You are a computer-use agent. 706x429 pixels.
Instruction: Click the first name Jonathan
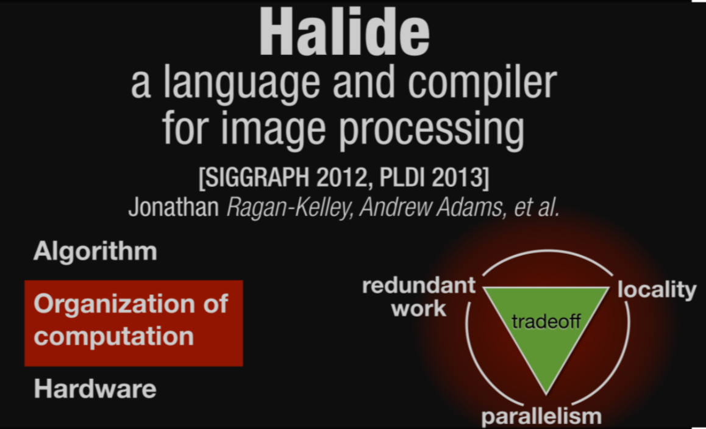point(174,207)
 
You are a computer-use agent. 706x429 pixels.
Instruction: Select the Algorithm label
point(95,251)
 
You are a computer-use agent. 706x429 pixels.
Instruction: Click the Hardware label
point(95,389)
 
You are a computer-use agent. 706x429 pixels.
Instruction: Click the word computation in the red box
point(114,336)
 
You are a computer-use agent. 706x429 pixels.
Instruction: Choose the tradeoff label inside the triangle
point(546,322)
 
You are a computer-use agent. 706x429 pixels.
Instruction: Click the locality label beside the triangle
point(657,290)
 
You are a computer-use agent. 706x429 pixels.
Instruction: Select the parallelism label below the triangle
point(541,417)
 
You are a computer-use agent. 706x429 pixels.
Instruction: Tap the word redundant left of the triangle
point(419,285)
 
